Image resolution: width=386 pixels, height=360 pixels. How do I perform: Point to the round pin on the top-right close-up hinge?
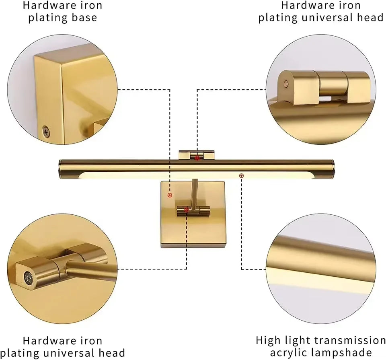pyautogui.click(x=285, y=83)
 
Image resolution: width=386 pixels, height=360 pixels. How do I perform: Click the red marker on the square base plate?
pyautogui.click(x=170, y=195)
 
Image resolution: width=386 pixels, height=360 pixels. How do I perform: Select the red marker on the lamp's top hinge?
pyautogui.click(x=197, y=158)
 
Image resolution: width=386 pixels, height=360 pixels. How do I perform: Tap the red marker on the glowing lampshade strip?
pyautogui.click(x=241, y=175)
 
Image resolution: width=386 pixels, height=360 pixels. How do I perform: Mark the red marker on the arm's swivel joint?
pyautogui.click(x=186, y=210)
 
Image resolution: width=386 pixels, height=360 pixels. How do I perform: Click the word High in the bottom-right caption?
pyautogui.click(x=268, y=340)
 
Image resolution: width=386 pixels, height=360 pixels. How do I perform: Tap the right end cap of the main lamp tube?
pyautogui.click(x=332, y=169)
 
